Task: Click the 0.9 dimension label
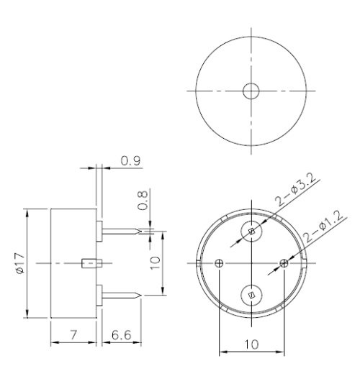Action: [130, 161]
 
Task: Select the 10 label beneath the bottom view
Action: [251, 344]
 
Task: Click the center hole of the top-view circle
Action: [251, 91]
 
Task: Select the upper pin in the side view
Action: [122, 232]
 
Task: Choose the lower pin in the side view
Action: [122, 294]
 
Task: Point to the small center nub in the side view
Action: [90, 263]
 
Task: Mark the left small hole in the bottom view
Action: [220, 263]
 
